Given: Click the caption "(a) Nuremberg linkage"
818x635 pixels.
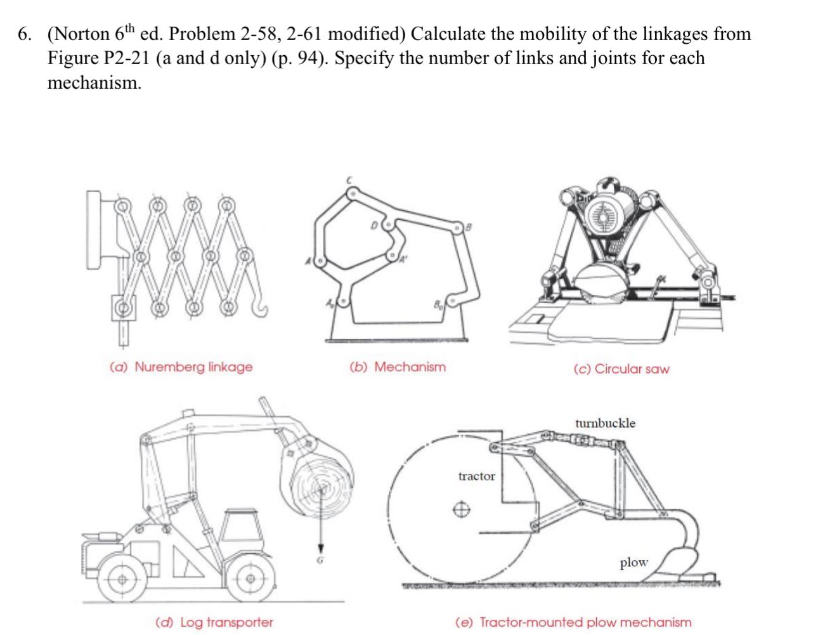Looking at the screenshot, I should click(181, 367).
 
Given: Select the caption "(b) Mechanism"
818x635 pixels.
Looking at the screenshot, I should click(398, 367).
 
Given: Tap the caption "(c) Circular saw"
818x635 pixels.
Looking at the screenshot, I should click(621, 369).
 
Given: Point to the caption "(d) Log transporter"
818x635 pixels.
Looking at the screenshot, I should click(214, 622).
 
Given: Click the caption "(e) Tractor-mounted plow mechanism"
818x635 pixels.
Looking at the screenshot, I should click(573, 622).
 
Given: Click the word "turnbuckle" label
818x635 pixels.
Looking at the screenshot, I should click(605, 423).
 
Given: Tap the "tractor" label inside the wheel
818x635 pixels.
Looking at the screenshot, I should click(476, 476).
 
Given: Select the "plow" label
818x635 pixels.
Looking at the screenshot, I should click(633, 562).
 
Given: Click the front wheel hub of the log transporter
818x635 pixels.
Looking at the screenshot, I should click(251, 578).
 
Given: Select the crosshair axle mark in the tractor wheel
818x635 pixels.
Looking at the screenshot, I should click(462, 509).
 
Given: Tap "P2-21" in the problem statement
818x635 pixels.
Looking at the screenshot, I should click(126, 58).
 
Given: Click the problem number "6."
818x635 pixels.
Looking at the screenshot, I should click(25, 34).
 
